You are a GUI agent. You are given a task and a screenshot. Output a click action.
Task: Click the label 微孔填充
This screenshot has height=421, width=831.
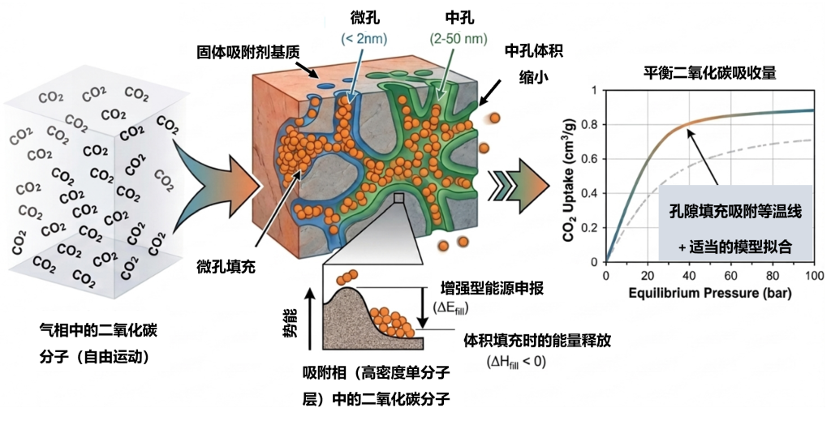pos(226,266)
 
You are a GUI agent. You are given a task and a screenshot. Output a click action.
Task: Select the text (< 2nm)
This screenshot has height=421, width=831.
pos(364,39)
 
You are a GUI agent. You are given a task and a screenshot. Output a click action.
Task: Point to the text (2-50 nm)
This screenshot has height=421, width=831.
pos(459,39)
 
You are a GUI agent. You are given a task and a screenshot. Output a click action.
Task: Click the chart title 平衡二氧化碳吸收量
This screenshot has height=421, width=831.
pos(709,73)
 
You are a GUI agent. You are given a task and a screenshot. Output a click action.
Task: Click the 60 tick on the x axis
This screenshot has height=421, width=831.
pos(730,275)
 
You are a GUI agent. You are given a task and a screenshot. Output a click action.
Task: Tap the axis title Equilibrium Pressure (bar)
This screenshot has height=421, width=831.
pos(709,293)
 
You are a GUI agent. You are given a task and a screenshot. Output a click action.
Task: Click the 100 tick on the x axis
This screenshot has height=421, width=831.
pos(813,275)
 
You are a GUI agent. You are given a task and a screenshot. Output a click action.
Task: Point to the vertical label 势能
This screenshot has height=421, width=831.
pos(291,324)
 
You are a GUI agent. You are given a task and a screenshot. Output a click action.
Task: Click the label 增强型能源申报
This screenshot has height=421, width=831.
pos(493,289)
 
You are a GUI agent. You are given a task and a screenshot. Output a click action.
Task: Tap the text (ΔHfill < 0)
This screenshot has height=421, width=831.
pos(516,363)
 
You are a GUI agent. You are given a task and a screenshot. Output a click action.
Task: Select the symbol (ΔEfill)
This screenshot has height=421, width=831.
pos(451,307)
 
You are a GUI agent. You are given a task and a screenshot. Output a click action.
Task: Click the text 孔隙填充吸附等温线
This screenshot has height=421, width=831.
pos(735,212)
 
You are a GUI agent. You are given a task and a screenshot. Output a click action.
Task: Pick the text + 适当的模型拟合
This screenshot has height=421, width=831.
pos(735,247)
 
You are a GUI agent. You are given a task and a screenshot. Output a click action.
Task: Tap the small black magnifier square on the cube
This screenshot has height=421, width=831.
pos(398,198)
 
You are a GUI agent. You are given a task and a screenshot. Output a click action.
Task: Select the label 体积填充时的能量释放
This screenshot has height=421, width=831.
pos(537,341)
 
